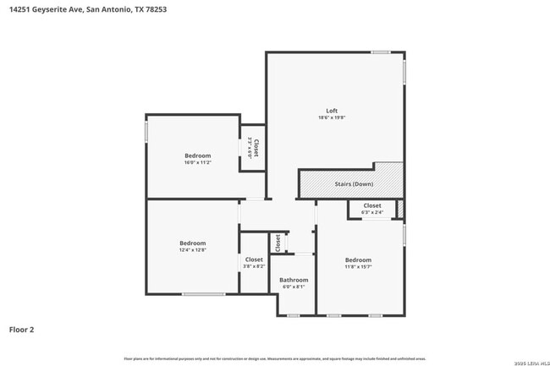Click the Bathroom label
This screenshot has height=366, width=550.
click(x=294, y=280)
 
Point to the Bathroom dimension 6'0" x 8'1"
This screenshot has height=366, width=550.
click(x=294, y=287)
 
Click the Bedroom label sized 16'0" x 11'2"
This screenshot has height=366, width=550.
click(x=198, y=155)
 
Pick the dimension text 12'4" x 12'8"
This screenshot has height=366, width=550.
click(x=193, y=250)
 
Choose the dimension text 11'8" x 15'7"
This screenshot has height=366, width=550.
click(x=358, y=267)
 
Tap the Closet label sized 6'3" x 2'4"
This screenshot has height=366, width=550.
click(x=372, y=205)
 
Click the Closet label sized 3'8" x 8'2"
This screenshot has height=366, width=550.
click(x=254, y=259)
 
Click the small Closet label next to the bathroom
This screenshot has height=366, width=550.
click(x=278, y=243)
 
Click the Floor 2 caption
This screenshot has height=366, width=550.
click(x=22, y=330)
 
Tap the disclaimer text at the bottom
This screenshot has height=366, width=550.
click(x=274, y=359)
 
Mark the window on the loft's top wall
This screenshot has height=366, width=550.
click(x=381, y=52)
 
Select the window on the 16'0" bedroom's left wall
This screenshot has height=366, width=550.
click(x=146, y=133)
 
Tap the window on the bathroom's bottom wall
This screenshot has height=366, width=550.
click(x=293, y=315)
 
